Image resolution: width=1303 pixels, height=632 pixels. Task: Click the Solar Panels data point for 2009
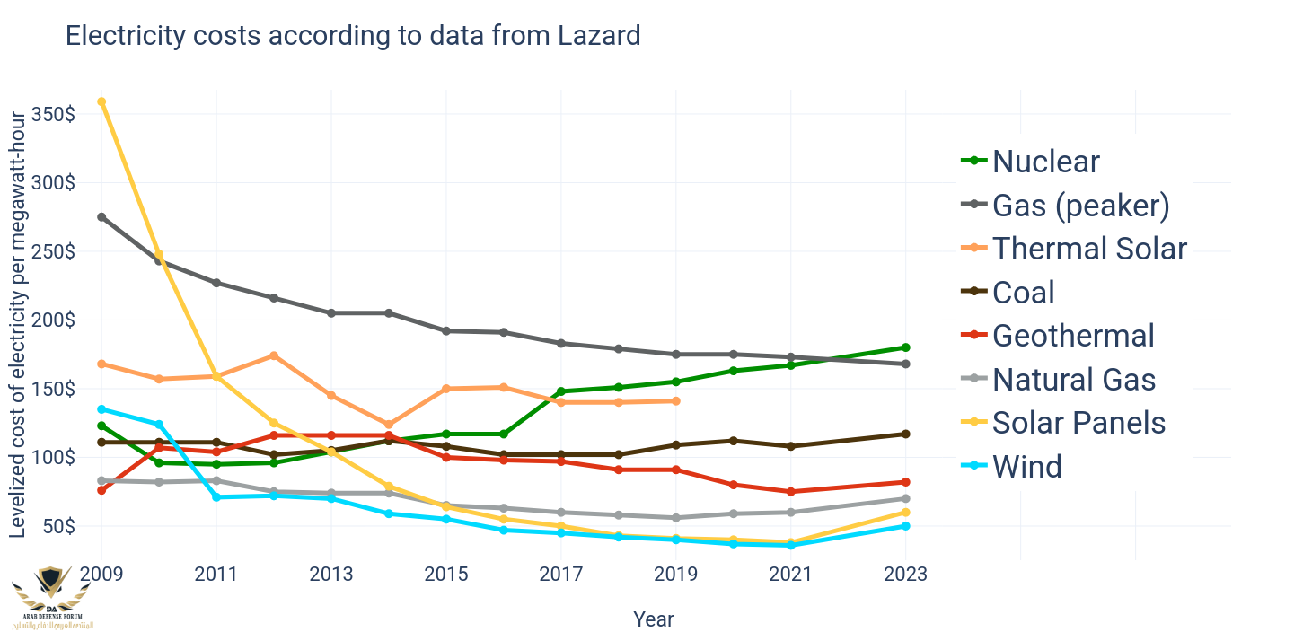click(101, 101)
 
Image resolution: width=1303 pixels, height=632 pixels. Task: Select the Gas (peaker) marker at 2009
click(101, 217)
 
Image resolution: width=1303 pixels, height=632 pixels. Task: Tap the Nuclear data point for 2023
click(905, 347)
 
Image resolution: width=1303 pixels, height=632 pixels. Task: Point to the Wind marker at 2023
click(905, 526)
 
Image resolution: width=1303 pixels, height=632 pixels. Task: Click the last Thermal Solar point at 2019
click(675, 401)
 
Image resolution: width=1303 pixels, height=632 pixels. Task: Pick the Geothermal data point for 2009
click(101, 490)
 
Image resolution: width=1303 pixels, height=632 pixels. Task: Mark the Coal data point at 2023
click(905, 434)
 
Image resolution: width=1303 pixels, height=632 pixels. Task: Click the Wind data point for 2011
click(216, 497)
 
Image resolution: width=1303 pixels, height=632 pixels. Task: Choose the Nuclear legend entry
click(1031, 161)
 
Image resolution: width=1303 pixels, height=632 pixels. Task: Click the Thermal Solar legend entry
click(1074, 249)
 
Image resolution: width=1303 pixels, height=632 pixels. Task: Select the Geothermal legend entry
click(1058, 336)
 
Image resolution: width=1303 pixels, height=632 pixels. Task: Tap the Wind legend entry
click(1011, 466)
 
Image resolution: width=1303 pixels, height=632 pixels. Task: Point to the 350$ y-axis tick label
click(53, 115)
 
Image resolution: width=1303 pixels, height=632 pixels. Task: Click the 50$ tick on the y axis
click(58, 526)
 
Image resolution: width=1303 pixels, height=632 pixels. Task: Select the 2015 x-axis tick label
click(446, 575)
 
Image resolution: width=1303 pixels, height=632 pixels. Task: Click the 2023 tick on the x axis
click(905, 575)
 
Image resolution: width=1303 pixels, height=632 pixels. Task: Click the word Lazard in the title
click(599, 36)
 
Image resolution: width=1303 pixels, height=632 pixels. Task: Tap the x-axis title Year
click(653, 619)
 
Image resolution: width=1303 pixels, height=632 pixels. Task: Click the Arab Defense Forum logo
click(52, 598)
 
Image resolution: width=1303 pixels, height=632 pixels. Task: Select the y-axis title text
click(17, 324)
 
